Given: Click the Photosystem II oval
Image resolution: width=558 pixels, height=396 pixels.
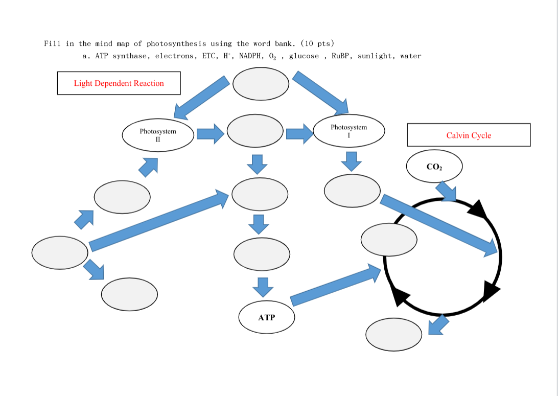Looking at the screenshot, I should click(x=158, y=135).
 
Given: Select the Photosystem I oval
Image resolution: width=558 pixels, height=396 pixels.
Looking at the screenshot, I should click(x=348, y=131).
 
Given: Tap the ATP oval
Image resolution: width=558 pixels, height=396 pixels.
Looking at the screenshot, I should click(x=266, y=317).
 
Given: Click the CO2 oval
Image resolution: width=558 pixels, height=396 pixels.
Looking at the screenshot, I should click(x=434, y=166).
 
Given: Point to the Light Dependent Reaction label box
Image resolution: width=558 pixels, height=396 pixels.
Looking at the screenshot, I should click(x=119, y=83).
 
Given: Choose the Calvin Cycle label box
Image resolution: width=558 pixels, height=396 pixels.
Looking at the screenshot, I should click(x=469, y=135).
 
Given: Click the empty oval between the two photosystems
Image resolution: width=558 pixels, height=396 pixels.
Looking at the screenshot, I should click(x=255, y=131).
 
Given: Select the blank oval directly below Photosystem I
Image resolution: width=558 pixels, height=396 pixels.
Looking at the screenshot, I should click(x=352, y=191).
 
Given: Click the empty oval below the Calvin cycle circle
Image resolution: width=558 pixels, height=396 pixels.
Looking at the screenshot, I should click(x=393, y=334).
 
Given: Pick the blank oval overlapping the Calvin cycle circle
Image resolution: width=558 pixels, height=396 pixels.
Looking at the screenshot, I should click(x=388, y=239).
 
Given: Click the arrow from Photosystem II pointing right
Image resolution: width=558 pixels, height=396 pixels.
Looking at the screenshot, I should click(x=210, y=134).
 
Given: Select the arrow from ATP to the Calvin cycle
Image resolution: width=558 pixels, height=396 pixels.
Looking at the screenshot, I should click(x=335, y=286).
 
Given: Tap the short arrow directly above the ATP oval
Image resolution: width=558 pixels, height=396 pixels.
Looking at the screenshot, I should click(x=263, y=287).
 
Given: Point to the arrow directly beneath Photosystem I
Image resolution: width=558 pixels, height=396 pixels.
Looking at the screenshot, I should click(x=351, y=161).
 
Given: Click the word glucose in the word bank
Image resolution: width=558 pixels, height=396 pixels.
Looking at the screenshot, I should click(x=304, y=56).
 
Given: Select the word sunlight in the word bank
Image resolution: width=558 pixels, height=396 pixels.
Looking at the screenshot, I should click(x=375, y=56).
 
